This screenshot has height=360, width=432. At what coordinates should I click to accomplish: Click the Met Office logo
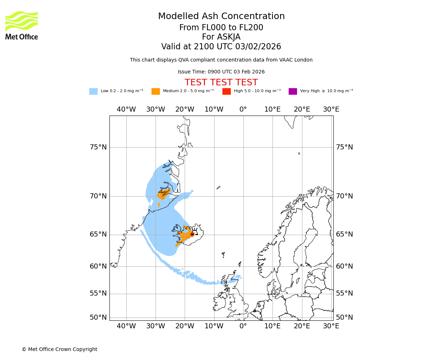[22, 25]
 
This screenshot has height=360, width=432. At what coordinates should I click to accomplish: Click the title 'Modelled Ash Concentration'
[221, 17]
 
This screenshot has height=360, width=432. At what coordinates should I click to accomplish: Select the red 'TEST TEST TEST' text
[221, 82]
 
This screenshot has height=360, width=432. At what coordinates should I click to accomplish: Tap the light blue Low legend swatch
[93, 91]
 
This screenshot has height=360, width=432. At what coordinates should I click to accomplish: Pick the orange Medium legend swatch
[156, 91]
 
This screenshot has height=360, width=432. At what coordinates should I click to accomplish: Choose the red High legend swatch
[226, 91]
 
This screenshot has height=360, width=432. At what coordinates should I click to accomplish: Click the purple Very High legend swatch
[293, 91]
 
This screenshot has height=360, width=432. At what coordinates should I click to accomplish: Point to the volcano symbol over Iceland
[195, 231]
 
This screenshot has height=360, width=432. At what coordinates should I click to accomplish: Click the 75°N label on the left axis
[98, 147]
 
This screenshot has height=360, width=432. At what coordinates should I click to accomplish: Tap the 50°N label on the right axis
[345, 318]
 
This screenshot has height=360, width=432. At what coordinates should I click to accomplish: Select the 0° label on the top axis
[243, 109]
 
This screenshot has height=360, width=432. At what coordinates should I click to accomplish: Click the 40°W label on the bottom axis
[126, 326]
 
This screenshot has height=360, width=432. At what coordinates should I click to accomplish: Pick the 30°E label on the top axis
[331, 109]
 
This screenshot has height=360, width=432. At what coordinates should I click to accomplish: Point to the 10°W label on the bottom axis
[214, 326]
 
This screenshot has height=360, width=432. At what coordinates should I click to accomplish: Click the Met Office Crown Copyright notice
[59, 349]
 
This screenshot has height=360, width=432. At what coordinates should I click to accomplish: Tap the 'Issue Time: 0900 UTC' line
[221, 72]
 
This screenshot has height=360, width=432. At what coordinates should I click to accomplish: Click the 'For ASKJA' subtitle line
[221, 37]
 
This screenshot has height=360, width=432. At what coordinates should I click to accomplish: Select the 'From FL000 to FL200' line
[221, 28]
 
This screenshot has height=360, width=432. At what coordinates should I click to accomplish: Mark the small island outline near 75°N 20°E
[299, 153]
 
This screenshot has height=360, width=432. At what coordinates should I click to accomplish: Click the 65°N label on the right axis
[345, 234]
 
